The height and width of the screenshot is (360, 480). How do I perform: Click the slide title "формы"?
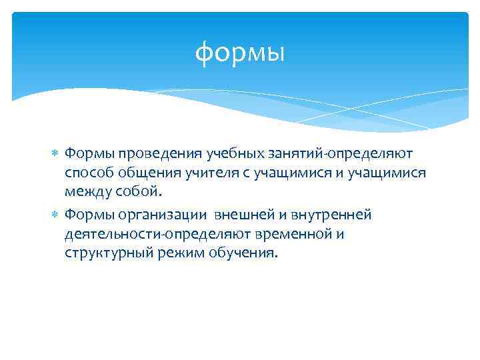(x=240, y=53)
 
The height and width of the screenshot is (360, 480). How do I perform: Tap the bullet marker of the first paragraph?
(x=56, y=154)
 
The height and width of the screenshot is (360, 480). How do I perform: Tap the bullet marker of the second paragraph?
(x=56, y=215)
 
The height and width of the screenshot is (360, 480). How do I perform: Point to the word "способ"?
(x=89, y=173)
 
